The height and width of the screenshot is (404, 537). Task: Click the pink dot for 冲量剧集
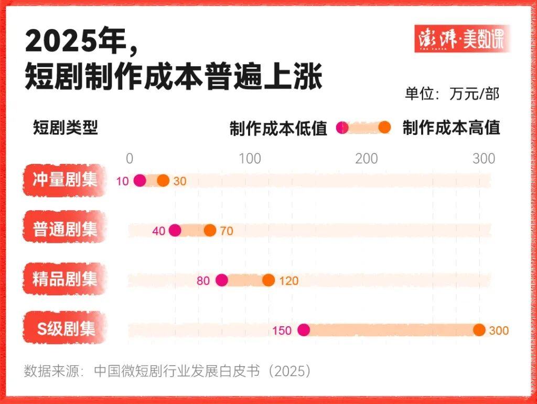tap(139, 181)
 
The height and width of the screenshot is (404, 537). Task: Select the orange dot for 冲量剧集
tap(163, 181)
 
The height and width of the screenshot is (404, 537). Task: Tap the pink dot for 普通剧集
tap(175, 230)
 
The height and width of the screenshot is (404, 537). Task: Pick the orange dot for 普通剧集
tap(210, 230)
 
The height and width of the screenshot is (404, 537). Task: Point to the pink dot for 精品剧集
tap(222, 280)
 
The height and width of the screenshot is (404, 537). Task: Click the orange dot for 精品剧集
tap(268, 280)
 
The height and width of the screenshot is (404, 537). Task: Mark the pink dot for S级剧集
tap(304, 330)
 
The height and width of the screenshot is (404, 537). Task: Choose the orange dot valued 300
tap(479, 330)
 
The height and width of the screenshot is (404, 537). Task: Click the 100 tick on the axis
tap(250, 159)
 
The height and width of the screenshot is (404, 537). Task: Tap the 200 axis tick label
tap(366, 159)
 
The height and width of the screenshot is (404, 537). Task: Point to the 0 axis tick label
tap(130, 159)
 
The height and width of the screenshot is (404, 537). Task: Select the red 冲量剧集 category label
tap(65, 180)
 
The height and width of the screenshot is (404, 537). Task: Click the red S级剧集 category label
tap(65, 329)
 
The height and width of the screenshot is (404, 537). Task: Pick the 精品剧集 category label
tap(65, 279)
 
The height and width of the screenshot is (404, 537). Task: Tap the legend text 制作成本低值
tap(278, 128)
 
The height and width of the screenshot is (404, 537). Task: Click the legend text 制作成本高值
tap(451, 128)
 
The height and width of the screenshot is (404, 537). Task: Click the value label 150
tap(282, 330)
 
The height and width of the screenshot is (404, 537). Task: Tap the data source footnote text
tap(168, 371)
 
